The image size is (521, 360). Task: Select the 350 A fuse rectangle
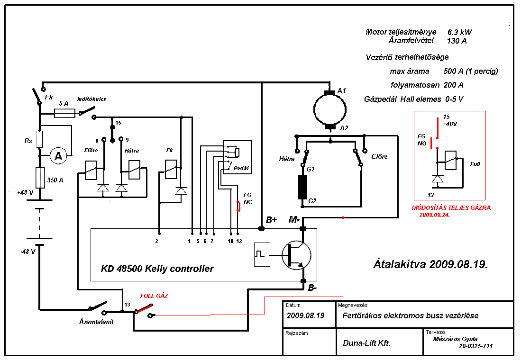tap(40, 179)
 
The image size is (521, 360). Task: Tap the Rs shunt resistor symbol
tap(40, 139)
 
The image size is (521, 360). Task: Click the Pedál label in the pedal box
tap(240, 168)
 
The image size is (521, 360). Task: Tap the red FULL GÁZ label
tap(154, 296)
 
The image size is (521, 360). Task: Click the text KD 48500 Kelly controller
tap(157, 269)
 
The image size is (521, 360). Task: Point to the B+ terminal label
tap(271, 220)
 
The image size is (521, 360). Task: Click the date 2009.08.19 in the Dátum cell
tap(306, 315)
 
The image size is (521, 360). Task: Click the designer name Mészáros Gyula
tap(455, 339)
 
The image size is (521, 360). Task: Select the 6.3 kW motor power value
tap(459, 32)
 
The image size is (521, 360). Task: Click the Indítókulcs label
tap(91, 99)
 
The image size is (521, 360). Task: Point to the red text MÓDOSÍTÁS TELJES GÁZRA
tap(451, 207)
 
